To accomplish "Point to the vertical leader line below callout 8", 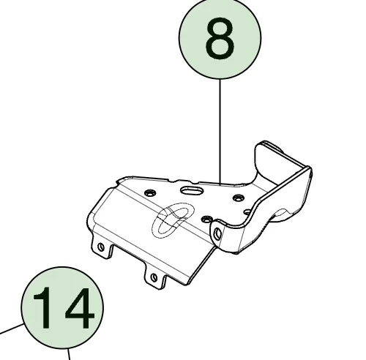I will click(x=220, y=124).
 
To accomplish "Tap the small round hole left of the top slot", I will click(x=150, y=192).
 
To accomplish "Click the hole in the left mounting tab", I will click(x=100, y=247).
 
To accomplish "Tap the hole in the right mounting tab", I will click(x=154, y=277).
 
